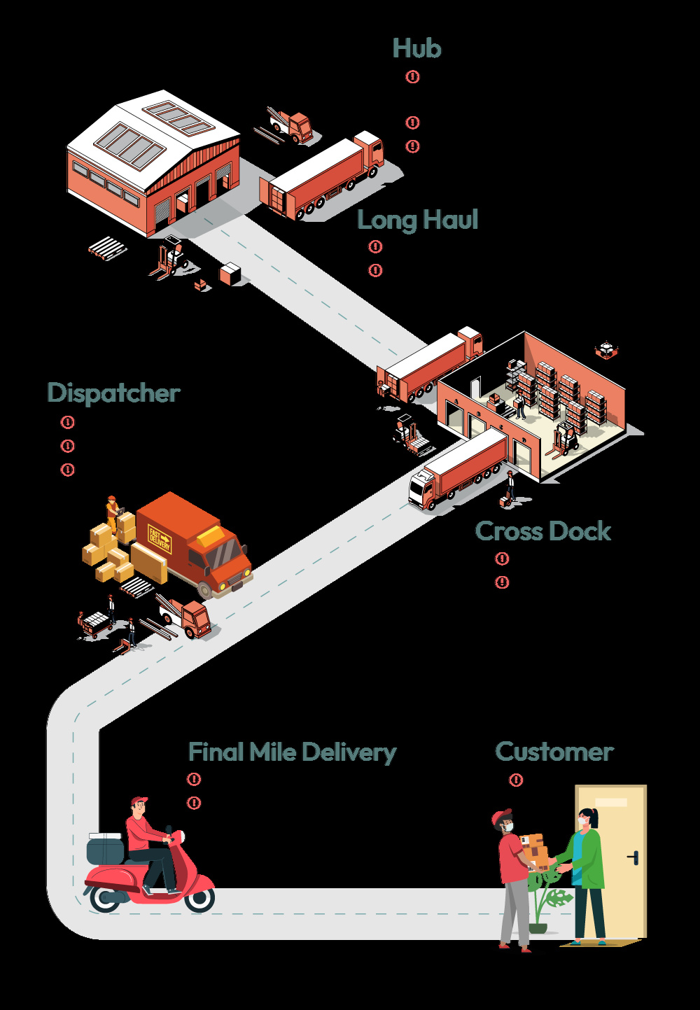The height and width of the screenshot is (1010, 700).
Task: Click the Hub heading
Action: click(416, 48)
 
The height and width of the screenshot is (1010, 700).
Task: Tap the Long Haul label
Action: click(417, 220)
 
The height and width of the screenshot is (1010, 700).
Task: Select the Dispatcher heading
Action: click(113, 393)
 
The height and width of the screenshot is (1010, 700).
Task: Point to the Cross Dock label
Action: click(542, 531)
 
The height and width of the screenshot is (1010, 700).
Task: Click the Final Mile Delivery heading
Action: click(292, 752)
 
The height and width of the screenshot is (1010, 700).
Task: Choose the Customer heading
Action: click(554, 752)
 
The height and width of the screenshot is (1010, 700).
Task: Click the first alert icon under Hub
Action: click(412, 77)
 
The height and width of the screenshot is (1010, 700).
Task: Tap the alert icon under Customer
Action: click(516, 780)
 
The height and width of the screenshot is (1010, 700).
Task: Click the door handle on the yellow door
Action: click(633, 857)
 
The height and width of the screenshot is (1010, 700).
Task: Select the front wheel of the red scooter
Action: click(199, 898)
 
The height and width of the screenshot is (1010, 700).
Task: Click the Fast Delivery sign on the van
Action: click(159, 539)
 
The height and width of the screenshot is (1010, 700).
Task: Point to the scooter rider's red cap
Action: click(139, 801)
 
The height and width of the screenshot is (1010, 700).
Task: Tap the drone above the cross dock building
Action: click(606, 349)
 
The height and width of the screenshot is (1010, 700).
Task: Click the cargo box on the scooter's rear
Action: click(105, 849)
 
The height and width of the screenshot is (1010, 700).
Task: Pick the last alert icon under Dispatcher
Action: click(68, 470)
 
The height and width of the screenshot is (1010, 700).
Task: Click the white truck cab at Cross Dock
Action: click(422, 489)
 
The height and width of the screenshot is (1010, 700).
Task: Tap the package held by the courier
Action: click(533, 848)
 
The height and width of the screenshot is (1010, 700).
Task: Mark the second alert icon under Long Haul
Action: click(376, 270)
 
